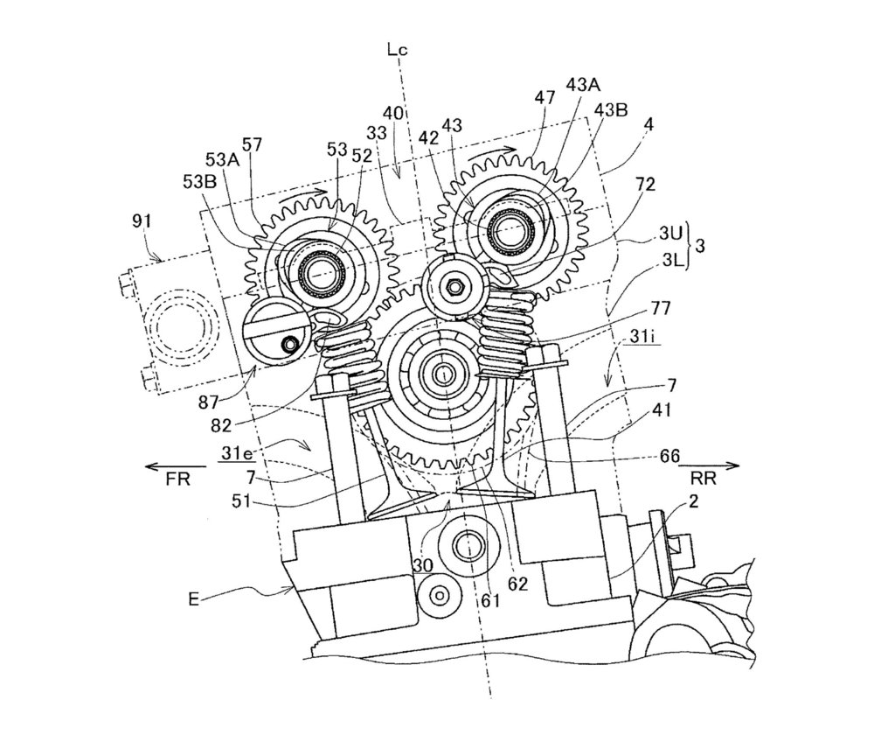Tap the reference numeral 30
(x=424, y=566)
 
